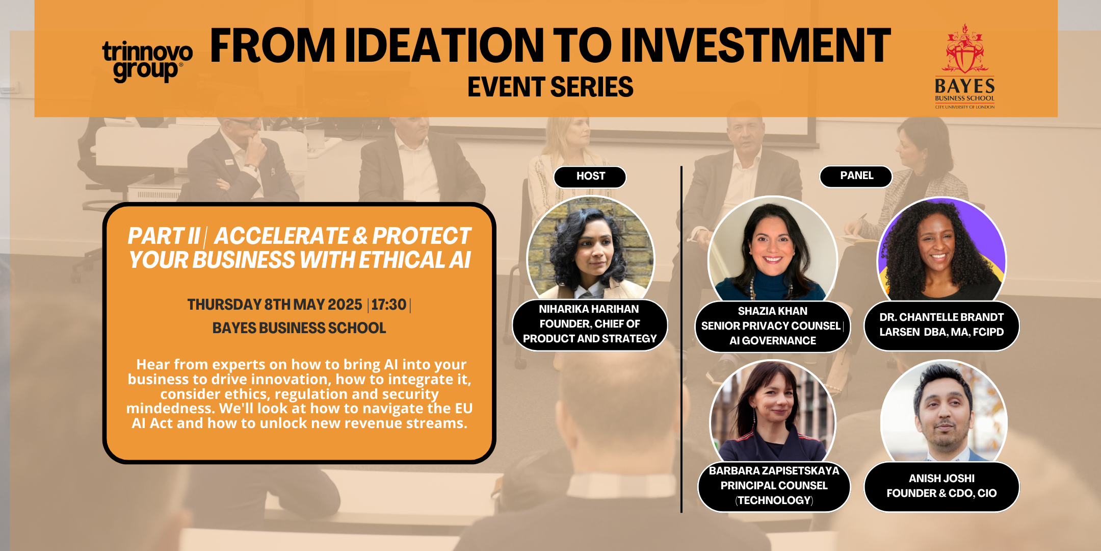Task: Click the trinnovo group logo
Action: coord(147,61)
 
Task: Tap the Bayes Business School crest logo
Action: coord(964,66)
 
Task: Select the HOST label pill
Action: coord(590,177)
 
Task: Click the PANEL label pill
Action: coord(856,176)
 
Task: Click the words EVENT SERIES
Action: coord(550,87)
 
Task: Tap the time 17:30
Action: coord(388,305)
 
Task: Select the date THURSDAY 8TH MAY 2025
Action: coord(275,305)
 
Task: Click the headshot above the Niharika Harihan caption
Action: coord(590,248)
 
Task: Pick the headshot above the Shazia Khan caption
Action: coord(772,249)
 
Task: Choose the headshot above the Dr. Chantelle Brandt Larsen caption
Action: coord(941,249)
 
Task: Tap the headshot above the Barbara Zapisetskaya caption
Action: coord(773,412)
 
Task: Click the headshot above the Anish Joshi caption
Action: coord(943,412)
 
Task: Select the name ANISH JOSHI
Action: coord(941,479)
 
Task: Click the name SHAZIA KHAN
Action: coord(772,311)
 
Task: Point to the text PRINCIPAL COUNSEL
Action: coord(774,486)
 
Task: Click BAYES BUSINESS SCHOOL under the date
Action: coord(299,328)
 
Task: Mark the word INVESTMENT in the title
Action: coord(756,46)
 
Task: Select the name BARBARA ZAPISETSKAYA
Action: coord(774,471)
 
